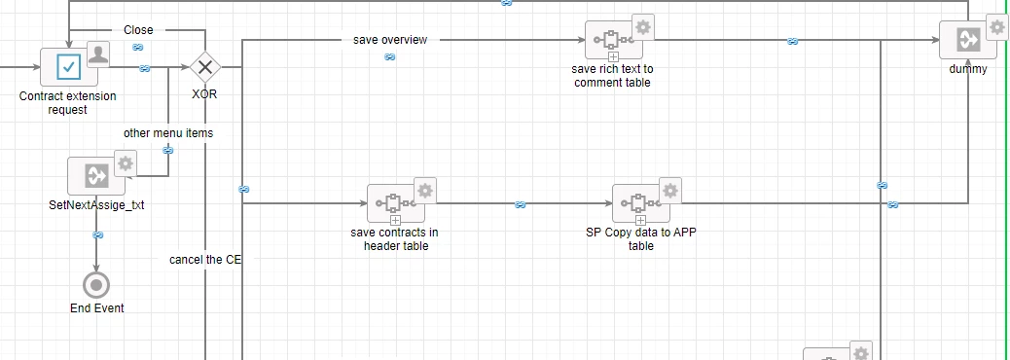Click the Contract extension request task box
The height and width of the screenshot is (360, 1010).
[69, 66]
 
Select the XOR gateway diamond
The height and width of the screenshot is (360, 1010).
[205, 66]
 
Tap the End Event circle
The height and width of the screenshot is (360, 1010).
[96, 285]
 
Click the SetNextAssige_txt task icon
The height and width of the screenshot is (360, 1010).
[96, 176]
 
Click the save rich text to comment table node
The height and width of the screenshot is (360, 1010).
[613, 40]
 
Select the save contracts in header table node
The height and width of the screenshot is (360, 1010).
[395, 203]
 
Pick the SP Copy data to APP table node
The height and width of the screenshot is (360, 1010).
[640, 203]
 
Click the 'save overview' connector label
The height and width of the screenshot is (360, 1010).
[390, 40]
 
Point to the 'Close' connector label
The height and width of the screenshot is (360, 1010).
[138, 29]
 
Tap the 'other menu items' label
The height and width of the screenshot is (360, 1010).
[168, 133]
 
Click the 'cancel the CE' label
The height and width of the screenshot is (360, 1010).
[205, 260]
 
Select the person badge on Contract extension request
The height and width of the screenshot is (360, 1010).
[98, 54]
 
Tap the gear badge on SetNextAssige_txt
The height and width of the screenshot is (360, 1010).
[125, 162]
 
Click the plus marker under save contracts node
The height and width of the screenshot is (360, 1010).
[395, 221]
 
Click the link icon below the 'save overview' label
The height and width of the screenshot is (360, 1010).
[389, 56]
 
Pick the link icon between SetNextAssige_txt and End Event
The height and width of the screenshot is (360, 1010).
[97, 235]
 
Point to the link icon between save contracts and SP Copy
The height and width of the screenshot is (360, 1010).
[521, 204]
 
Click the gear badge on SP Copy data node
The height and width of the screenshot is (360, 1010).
[669, 190]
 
